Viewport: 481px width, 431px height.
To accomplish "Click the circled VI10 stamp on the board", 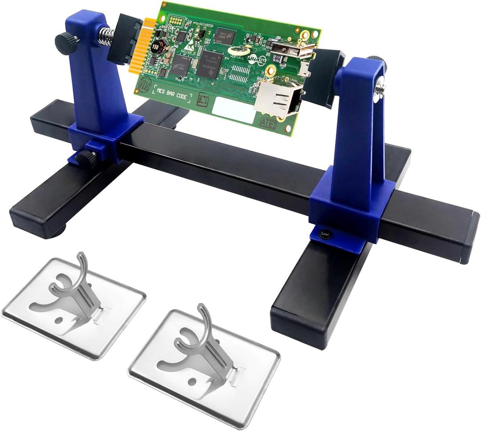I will (143, 85).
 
